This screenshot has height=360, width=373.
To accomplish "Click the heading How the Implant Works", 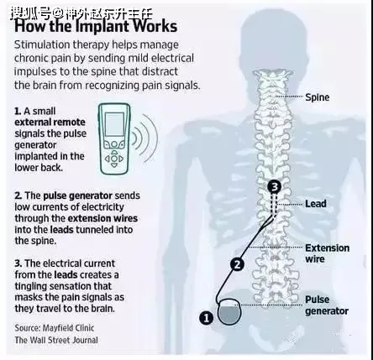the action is click(96, 26).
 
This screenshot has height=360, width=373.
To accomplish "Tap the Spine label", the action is click(317, 97).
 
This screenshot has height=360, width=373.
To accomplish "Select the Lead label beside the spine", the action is click(316, 204).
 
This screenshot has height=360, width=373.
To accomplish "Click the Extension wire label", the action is click(327, 253).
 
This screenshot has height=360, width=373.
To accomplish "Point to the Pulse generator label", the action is click(327, 305).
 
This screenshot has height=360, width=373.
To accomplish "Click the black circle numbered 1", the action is click(206, 318).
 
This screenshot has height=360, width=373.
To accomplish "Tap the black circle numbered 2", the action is click(237, 264).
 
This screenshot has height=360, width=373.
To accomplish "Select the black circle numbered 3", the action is click(275, 186).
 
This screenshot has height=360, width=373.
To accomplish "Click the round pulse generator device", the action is click(229, 311).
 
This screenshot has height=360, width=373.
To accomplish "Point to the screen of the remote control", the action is click(114, 124).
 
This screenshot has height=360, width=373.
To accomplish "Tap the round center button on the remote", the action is click(114, 159).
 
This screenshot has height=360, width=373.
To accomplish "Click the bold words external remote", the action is click(50, 123).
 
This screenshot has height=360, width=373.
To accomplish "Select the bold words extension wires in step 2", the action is click(102, 218).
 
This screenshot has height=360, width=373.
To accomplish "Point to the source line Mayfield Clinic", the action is click(55, 328).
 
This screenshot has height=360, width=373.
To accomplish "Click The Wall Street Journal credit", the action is click(56, 340).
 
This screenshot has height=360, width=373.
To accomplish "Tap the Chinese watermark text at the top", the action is click(81, 13).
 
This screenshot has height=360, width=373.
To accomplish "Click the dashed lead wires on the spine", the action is click(274, 206).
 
